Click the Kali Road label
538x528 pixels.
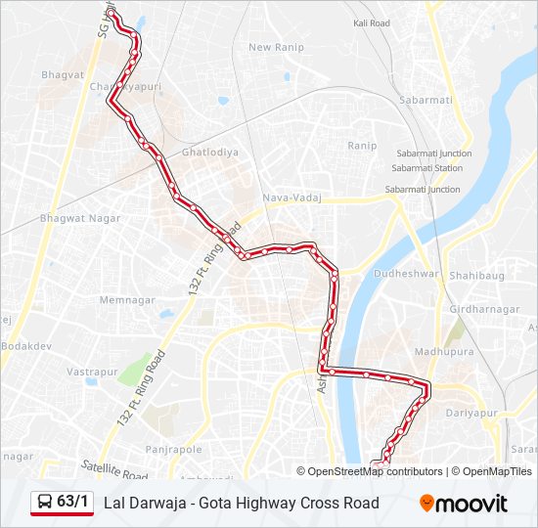pyautogui.click(x=372, y=22)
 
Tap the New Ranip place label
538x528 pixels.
pyautogui.click(x=277, y=47)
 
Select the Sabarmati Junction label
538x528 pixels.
pyautogui.click(x=433, y=154)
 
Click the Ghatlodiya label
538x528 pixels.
pyautogui.click(x=209, y=153)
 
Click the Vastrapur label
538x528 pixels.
pyautogui.click(x=92, y=372)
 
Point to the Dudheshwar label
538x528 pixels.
pyautogui.click(x=407, y=274)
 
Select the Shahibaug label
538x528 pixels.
pyautogui.click(x=477, y=276)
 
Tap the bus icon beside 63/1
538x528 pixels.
pyautogui.click(x=45, y=503)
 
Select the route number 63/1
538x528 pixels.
pyautogui.click(x=72, y=503)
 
